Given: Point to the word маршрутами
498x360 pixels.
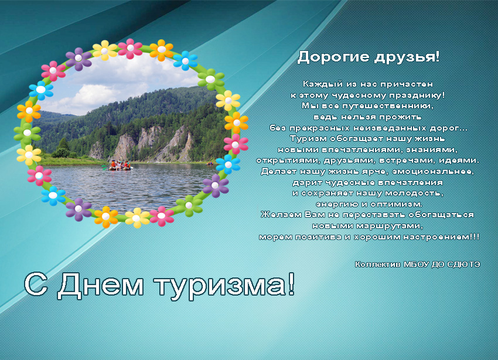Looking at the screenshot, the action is click(390, 226).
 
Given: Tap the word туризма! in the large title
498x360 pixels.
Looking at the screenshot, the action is click(225, 286).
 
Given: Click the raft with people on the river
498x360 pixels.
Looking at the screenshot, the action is click(119, 166).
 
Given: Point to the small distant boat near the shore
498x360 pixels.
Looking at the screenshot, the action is click(210, 163).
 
